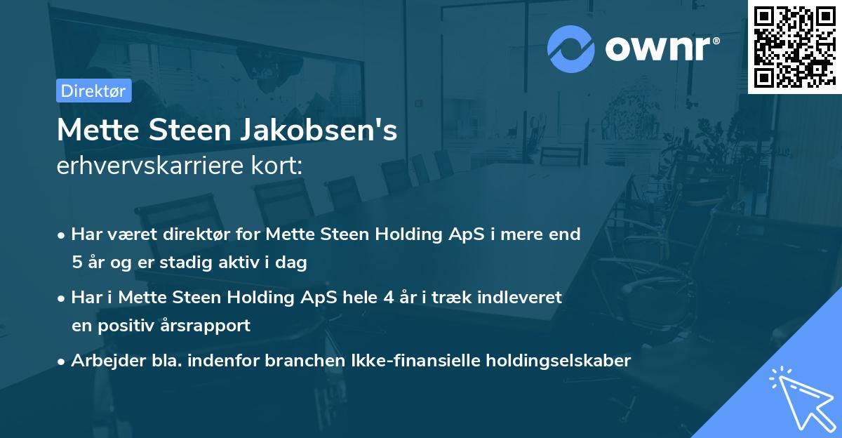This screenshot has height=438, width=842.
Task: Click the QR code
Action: (x=794, y=47)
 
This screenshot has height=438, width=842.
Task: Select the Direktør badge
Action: (x=93, y=91)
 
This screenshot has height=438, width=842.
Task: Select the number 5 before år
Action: (x=76, y=263)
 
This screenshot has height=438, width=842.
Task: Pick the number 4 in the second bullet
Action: (x=387, y=298)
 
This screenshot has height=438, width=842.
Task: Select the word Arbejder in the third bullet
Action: (x=102, y=361)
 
